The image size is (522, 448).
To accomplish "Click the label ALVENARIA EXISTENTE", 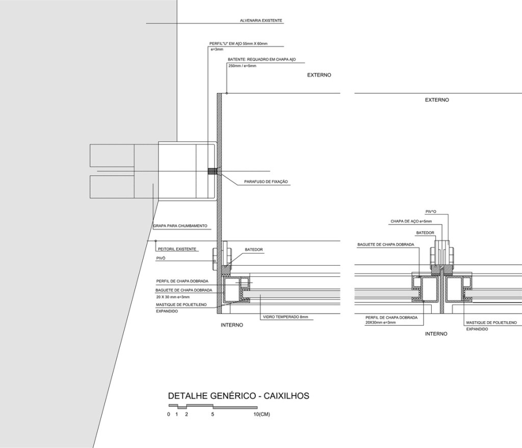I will click(x=261, y=21).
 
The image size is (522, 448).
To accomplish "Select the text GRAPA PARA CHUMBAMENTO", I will click(x=180, y=226).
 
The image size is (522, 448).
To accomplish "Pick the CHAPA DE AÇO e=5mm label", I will click(x=411, y=221).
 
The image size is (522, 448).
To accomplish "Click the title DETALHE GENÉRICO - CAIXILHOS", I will click(x=239, y=396).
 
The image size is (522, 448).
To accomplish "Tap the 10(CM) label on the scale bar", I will click(x=262, y=414).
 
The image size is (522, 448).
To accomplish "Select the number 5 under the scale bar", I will click(x=213, y=414).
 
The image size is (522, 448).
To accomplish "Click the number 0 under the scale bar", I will click(x=168, y=414).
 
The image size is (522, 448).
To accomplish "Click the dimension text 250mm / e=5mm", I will click(x=243, y=66).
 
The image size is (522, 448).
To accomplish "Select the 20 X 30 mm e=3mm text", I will click(x=173, y=297).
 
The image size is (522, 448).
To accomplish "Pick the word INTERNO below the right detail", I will click(x=436, y=334).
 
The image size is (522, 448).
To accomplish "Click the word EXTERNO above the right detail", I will click(x=437, y=100).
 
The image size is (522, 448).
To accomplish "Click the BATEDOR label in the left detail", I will click(x=254, y=250).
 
